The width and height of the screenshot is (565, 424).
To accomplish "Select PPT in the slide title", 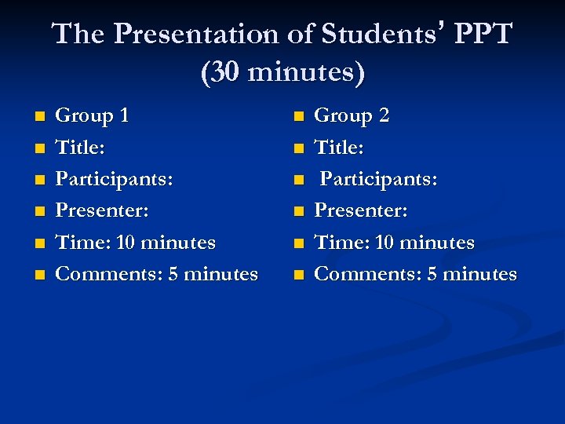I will (481, 34).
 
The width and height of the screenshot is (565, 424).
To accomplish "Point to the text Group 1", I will (92, 116).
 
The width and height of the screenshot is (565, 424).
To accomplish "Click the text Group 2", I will (352, 116).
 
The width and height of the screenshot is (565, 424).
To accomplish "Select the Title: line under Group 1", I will (80, 148).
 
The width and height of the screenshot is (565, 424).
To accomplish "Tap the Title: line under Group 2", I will (339, 148).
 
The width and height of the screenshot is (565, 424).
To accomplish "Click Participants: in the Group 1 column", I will (115, 179).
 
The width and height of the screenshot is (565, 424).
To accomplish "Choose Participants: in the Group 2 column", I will (378, 179).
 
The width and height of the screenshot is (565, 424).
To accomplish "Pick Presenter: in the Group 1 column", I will (102, 211).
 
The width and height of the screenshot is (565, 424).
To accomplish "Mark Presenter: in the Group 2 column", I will (361, 211).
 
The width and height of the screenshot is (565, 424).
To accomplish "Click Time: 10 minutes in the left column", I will (135, 243).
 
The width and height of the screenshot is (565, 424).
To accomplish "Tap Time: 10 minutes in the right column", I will (394, 243).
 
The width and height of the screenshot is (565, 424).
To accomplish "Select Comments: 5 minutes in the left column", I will (156, 274).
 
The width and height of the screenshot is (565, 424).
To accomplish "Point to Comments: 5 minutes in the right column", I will (415, 274).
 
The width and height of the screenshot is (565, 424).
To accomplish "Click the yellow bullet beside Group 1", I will (39, 118).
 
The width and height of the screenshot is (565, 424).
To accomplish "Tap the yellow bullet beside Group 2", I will (298, 118).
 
